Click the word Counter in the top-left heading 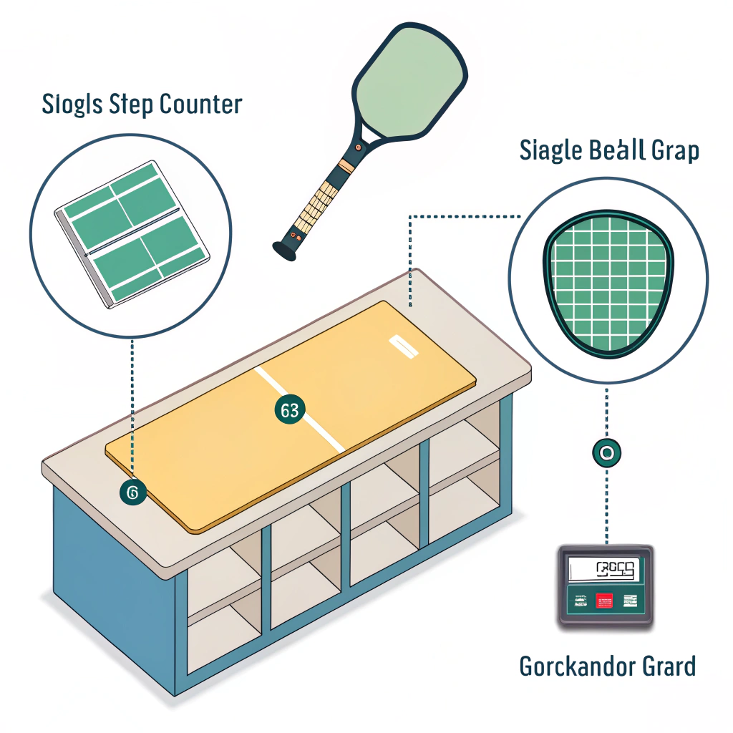200,105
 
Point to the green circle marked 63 289,411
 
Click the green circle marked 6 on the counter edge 133,492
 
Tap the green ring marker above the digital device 606,452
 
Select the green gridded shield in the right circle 607,280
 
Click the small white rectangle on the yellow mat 402,346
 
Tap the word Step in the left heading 131,105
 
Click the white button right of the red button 630,600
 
